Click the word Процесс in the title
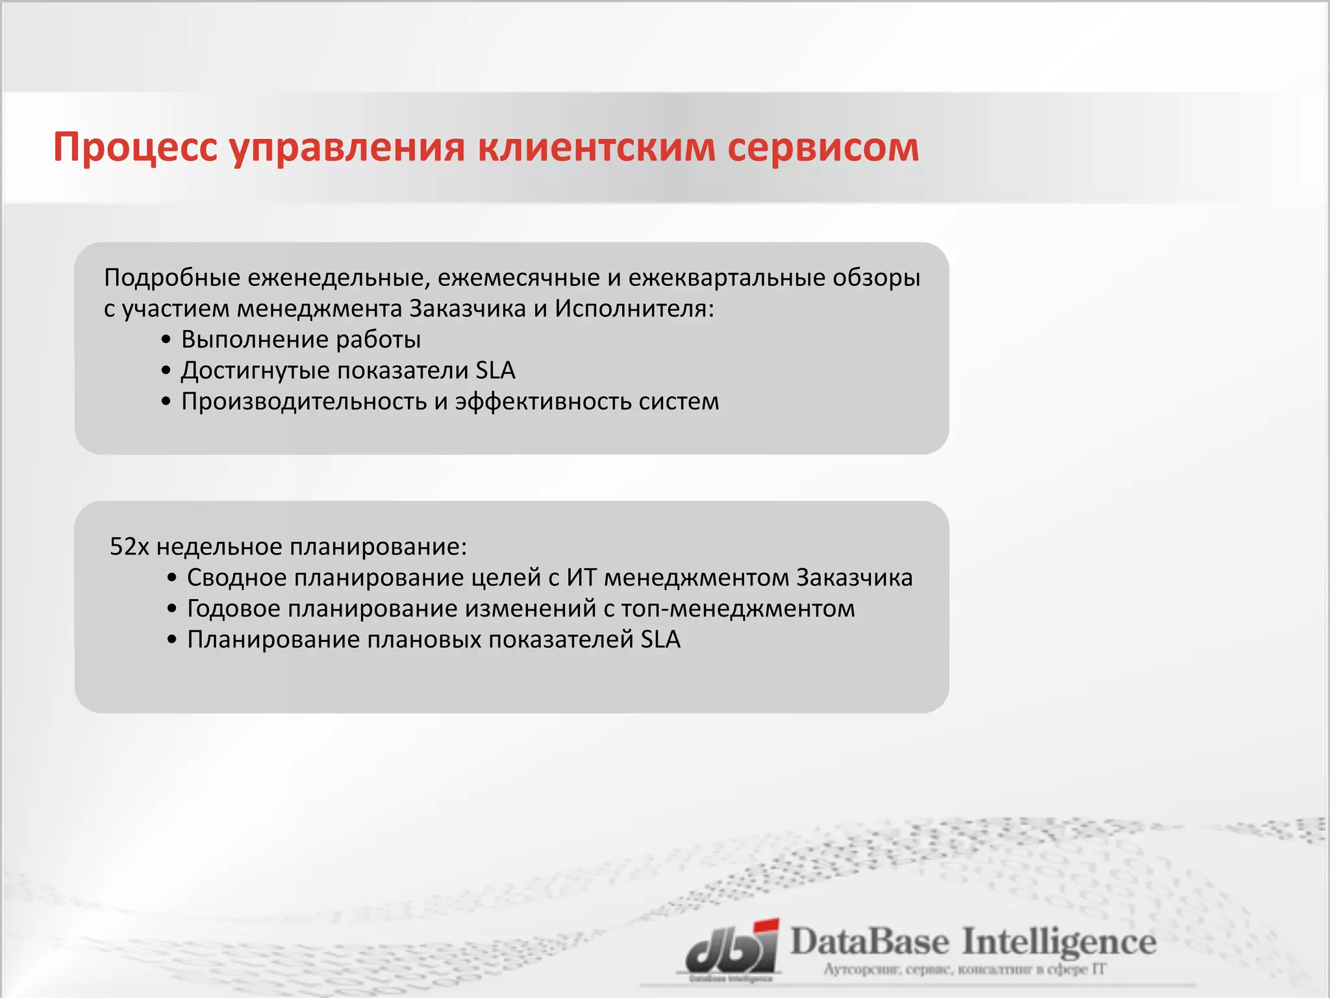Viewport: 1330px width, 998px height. [135, 148]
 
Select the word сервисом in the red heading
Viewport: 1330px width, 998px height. [823, 148]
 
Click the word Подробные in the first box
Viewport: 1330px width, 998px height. [172, 278]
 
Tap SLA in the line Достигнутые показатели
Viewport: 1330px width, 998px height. [495, 371]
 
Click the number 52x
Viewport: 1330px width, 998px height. [129, 547]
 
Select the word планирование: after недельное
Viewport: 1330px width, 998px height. [378, 547]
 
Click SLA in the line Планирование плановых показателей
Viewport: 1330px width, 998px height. [660, 640]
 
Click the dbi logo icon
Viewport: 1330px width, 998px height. [733, 949]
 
